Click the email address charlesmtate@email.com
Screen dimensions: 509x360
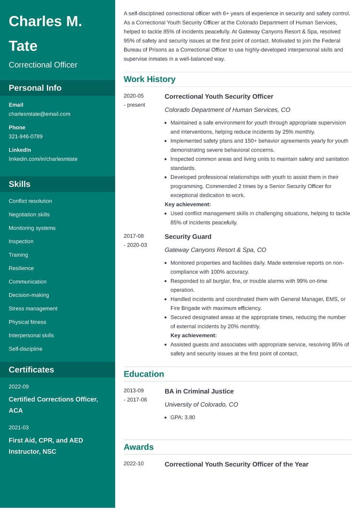coord(39,114)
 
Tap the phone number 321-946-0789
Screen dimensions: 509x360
coord(25,137)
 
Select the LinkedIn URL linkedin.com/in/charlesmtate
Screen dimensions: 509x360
coord(43,159)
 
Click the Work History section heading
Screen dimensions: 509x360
coord(149,79)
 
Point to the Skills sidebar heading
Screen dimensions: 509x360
coord(19,184)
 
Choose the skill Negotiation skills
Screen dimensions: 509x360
coord(29,214)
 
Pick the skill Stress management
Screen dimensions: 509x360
coord(33,308)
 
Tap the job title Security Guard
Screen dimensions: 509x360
coord(188,237)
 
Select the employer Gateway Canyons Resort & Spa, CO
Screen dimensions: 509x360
coord(215,250)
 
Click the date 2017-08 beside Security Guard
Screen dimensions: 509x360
coord(133,236)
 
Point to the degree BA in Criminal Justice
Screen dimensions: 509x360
coord(199,391)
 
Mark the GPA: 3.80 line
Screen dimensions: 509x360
coord(182,417)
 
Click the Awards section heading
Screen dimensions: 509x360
coord(138,447)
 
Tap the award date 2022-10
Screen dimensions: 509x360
coord(133,464)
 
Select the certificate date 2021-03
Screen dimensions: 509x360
coord(19,427)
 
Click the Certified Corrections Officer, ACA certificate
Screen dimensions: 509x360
coord(53,405)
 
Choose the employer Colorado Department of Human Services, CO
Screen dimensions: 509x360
coord(227,110)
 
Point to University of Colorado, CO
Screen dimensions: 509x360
coord(201,404)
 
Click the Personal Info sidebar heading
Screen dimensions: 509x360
coord(35,88)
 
